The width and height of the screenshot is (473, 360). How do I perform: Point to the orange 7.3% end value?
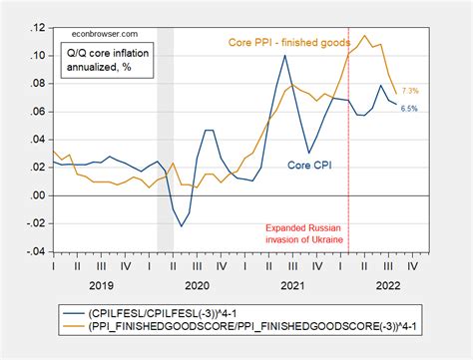tap(409, 91)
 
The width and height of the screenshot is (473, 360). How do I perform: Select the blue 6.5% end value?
tap(409, 108)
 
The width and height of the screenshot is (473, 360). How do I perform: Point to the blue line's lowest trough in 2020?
tap(182, 226)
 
